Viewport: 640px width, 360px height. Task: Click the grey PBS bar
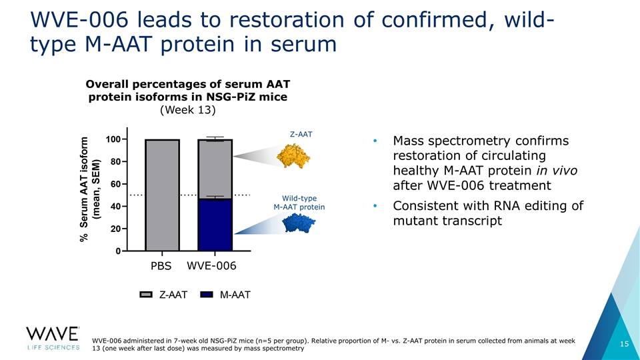(x=162, y=195)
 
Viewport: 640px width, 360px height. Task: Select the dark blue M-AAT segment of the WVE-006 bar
(x=215, y=225)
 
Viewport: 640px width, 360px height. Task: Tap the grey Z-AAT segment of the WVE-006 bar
(x=215, y=169)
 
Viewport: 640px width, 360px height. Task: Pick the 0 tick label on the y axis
(x=118, y=251)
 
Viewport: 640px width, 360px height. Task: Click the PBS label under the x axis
(x=161, y=266)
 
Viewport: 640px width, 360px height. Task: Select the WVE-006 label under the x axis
(x=211, y=266)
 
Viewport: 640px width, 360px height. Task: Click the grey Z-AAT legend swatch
(x=146, y=295)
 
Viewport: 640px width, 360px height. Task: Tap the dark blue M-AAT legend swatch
(x=207, y=295)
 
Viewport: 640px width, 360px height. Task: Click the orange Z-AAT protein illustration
(x=293, y=155)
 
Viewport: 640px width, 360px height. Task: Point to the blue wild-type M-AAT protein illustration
(x=299, y=223)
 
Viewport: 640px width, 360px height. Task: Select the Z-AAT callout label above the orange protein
(x=301, y=134)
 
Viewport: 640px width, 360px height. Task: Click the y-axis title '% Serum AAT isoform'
(x=84, y=189)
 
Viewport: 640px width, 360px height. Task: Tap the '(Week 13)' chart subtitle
(x=188, y=110)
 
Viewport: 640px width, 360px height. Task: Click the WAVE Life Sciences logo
(x=53, y=339)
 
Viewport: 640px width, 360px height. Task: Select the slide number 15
(x=625, y=344)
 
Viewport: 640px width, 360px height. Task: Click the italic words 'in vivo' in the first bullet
(x=557, y=170)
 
